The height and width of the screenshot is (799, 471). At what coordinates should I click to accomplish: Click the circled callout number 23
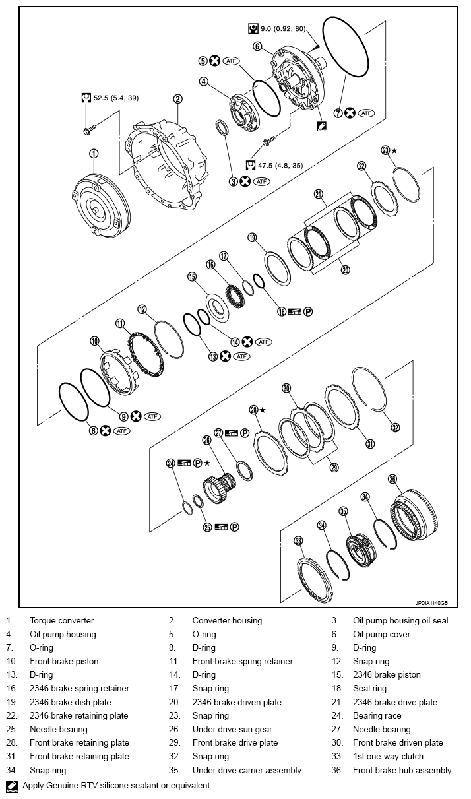click(x=386, y=150)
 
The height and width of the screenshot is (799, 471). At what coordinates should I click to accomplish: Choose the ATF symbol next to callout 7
click(x=366, y=113)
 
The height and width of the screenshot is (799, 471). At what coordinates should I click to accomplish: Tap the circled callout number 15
click(x=192, y=277)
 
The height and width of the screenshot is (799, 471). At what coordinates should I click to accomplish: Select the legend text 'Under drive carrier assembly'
click(x=246, y=770)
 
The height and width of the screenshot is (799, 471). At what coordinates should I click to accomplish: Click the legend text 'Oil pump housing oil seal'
click(x=400, y=620)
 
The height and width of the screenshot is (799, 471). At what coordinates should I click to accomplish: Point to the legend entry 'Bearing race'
click(x=377, y=716)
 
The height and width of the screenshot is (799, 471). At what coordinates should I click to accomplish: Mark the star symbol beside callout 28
click(x=262, y=410)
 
